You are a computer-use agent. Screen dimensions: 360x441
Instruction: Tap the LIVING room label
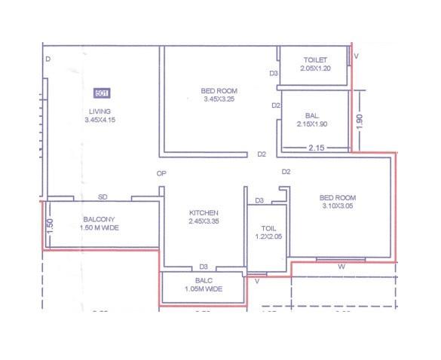tap(100, 111)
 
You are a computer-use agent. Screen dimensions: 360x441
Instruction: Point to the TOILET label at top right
tap(315, 59)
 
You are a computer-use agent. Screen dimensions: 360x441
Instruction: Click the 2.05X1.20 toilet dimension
tap(315, 68)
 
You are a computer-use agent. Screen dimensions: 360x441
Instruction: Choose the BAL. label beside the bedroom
tap(312, 116)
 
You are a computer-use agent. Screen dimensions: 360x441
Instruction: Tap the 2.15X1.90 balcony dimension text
tap(313, 124)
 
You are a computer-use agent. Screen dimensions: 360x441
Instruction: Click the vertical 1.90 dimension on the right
tap(360, 121)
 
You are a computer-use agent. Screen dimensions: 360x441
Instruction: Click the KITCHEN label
tap(204, 213)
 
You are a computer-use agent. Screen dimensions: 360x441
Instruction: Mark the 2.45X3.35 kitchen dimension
tap(204, 221)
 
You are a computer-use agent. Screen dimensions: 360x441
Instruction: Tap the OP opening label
tap(161, 173)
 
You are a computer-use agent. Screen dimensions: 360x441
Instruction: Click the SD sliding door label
tap(103, 197)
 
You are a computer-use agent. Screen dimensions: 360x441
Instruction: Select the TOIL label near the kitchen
tap(268, 227)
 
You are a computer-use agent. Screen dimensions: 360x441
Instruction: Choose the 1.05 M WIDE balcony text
tap(204, 288)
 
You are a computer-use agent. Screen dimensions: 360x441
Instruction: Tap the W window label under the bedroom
tap(341, 266)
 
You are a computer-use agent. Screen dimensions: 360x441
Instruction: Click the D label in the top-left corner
tap(47, 59)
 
